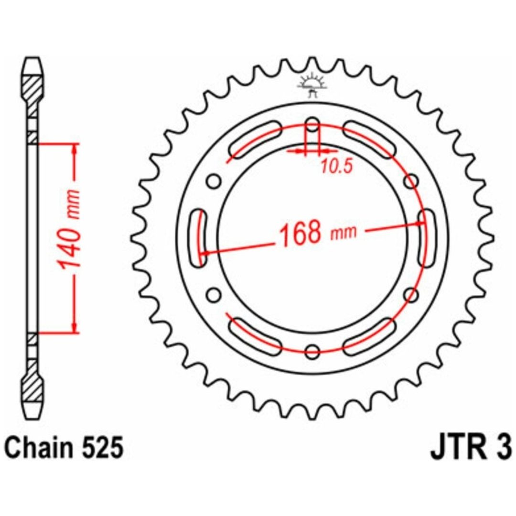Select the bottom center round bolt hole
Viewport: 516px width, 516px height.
[x=312, y=351]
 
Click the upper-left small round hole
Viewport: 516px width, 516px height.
[x=214, y=182]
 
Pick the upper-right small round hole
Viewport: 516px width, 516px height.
[x=411, y=182]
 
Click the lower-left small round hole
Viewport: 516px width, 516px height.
[x=214, y=294]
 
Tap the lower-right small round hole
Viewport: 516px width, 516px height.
[x=411, y=294]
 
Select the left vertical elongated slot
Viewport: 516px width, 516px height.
[x=199, y=237]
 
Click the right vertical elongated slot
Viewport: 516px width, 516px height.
[x=426, y=237]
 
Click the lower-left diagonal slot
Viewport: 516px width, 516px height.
[x=256, y=336]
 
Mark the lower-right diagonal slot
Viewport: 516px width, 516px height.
[x=369, y=336]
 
